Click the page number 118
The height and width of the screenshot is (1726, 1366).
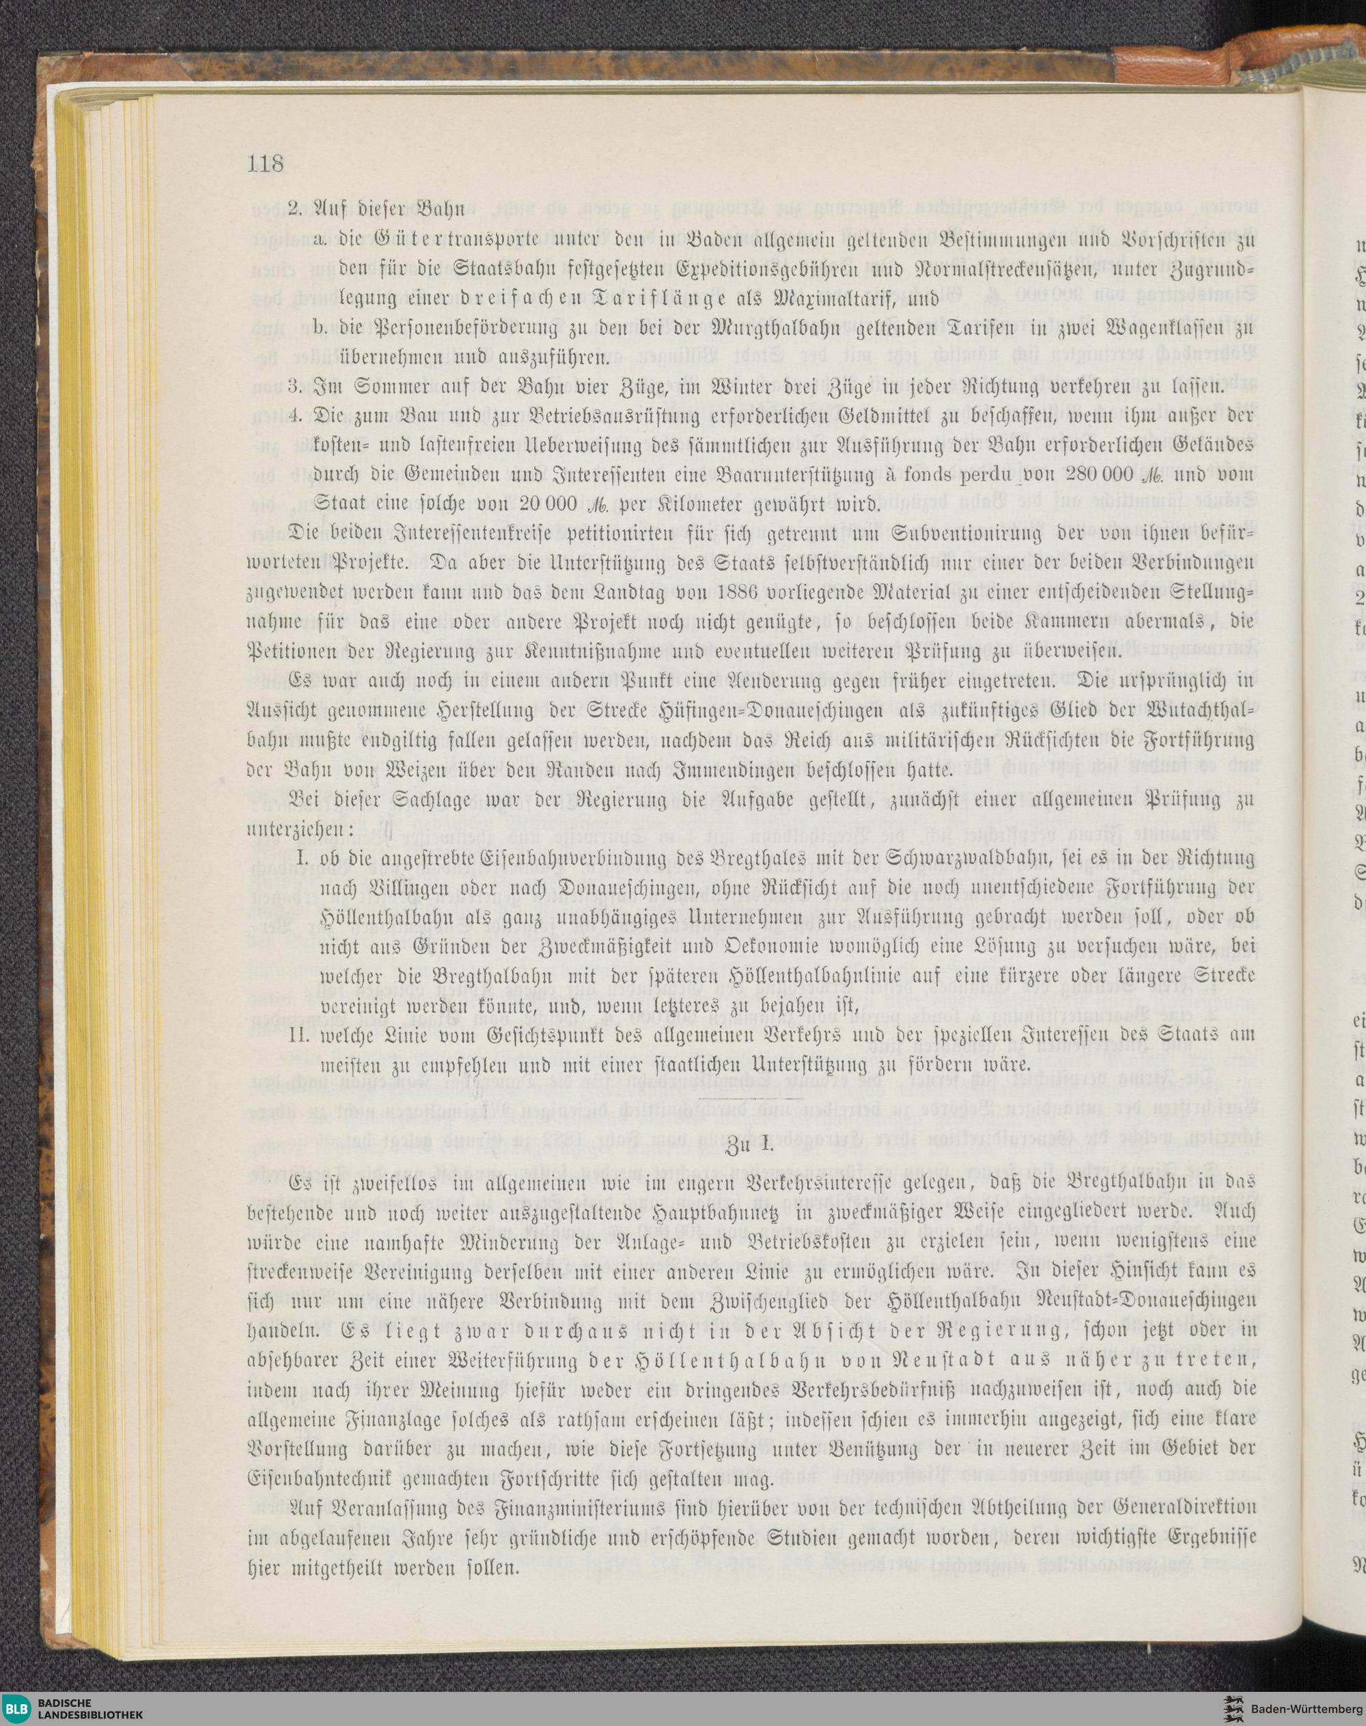[x=266, y=164]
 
